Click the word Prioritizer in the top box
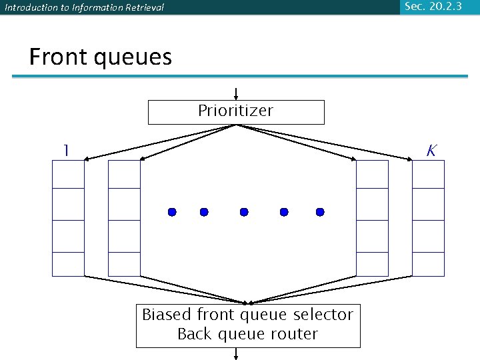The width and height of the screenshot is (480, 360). pos(235,111)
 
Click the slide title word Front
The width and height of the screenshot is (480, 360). pos(59,57)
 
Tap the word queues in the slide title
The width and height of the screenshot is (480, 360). pos(133,58)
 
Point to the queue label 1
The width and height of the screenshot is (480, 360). pos(65,151)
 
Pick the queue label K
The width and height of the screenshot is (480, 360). pos(431,151)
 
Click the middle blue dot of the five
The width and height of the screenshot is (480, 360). pos(244,212)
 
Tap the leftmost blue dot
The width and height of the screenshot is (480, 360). pos(172,212)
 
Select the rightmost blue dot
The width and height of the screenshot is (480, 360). pos(320,212)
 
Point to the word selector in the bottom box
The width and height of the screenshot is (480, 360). pos(322,315)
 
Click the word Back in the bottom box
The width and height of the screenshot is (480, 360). pos(194,334)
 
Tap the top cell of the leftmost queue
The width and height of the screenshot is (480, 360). pos(69,175)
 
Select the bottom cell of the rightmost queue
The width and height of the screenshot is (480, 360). pos(428,264)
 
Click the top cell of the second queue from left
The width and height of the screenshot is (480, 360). pos(124,175)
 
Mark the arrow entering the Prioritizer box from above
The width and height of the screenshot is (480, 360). pos(236,94)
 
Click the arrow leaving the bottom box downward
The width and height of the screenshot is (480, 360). pos(236,354)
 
